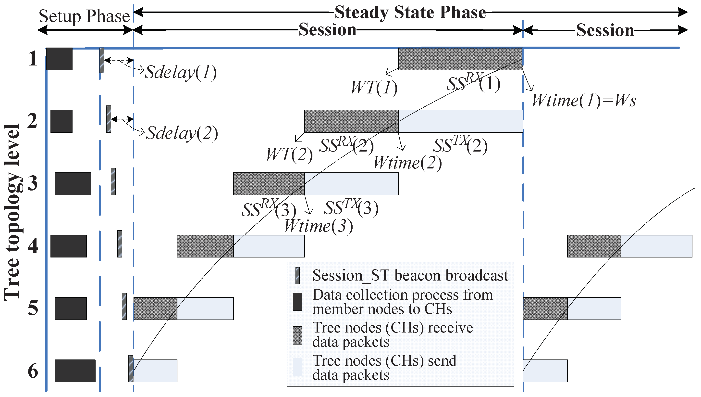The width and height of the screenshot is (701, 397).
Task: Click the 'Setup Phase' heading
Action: pyautogui.click(x=84, y=16)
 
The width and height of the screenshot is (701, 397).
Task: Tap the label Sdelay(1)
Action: pyautogui.click(x=181, y=73)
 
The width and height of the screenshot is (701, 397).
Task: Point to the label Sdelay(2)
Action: pyautogui.click(x=182, y=133)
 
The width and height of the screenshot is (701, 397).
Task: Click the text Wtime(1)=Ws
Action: pyautogui.click(x=584, y=100)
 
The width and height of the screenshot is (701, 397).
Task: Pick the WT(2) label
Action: pyautogui.click(x=289, y=154)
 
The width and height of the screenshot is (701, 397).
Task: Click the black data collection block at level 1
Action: pyautogui.click(x=59, y=59)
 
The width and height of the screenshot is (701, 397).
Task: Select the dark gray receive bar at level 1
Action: pyautogui.click(x=460, y=59)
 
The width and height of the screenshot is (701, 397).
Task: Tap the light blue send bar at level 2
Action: pyautogui.click(x=460, y=121)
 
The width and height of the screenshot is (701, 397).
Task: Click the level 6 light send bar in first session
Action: pyautogui.click(x=155, y=371)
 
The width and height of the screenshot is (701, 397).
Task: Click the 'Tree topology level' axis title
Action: pyautogui.click(x=12, y=213)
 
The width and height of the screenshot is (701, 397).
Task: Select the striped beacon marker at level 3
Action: pyautogui.click(x=113, y=181)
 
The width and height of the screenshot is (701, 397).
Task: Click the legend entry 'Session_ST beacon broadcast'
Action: pyautogui.click(x=410, y=275)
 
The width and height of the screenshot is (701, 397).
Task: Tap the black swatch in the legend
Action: pyautogui.click(x=297, y=302)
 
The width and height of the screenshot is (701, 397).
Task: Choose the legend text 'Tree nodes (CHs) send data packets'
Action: pyautogui.click(x=384, y=368)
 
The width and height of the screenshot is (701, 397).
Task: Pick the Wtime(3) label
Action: pyautogui.click(x=318, y=226)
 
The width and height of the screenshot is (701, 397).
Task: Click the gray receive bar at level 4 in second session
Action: pyautogui.click(x=594, y=246)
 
